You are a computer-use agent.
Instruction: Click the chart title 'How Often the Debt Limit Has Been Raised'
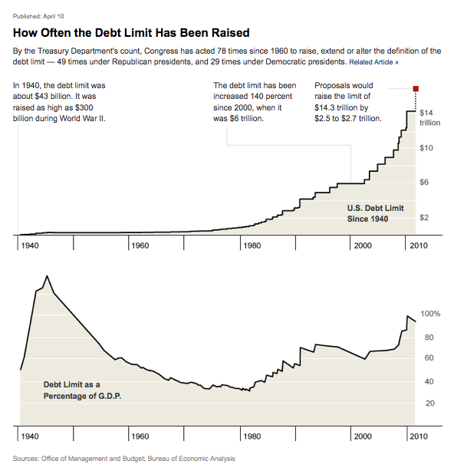coord(131,33)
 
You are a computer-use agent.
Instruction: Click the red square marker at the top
coord(416,89)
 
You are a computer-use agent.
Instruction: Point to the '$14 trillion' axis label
coord(428,117)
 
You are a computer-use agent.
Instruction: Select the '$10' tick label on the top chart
coord(427,147)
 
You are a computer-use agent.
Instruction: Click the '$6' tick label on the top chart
coord(425,183)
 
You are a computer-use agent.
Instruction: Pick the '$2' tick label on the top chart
coord(425,219)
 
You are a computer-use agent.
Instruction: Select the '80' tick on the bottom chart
coord(429,337)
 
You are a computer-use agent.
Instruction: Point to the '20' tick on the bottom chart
coord(429,403)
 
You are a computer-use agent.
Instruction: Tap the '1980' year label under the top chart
coord(251,245)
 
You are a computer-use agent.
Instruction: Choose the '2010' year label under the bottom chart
coord(418,436)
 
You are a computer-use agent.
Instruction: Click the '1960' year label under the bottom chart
coord(140,436)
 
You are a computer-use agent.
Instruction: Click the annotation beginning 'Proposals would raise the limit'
coord(347,102)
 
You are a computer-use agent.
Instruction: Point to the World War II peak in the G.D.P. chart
coord(47,276)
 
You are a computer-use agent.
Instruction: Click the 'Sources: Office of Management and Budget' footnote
coord(124,459)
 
